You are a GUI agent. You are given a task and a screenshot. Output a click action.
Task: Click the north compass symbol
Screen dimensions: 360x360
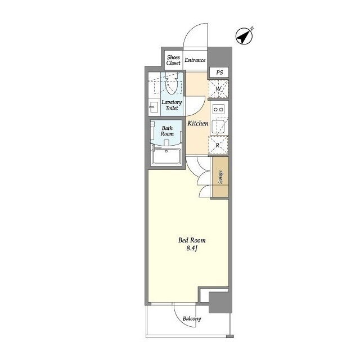244,36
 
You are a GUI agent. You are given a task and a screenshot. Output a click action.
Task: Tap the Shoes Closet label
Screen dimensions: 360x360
173,60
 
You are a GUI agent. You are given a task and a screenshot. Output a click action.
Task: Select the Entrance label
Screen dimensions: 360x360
195,60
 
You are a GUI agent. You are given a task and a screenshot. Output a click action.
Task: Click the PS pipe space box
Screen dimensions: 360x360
219,73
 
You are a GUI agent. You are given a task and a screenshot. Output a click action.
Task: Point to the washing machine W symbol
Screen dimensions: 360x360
218,89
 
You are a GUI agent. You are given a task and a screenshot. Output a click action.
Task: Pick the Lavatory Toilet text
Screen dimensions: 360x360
172,105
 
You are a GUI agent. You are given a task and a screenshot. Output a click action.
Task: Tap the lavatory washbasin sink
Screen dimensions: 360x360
154,107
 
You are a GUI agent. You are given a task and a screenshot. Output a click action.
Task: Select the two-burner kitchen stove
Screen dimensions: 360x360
218,110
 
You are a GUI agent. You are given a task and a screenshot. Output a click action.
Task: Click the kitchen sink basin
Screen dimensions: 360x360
218,127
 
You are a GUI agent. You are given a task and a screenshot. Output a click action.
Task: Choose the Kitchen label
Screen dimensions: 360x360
198,124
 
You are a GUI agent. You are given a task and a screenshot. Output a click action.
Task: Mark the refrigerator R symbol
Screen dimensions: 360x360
218,145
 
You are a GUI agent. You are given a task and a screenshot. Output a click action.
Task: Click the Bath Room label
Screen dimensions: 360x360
167,131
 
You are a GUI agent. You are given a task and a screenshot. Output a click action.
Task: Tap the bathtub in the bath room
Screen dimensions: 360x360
166,156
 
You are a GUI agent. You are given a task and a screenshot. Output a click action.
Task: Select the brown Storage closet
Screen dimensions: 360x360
220,177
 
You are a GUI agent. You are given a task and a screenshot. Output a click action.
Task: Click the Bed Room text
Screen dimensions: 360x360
192,240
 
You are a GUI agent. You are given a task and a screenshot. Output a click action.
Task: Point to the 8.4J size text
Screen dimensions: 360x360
192,248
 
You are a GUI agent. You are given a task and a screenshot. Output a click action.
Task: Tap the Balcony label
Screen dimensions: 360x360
192,319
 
